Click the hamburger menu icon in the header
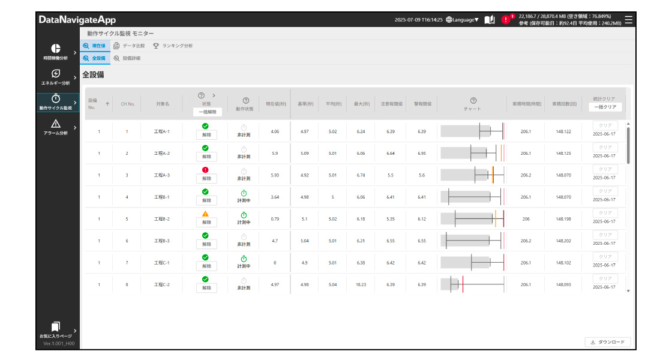628,19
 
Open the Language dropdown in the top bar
462,20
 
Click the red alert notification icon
506,20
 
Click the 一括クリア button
605,107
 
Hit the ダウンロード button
607,342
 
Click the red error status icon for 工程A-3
206,170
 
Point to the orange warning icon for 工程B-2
206,214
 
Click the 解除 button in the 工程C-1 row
206,266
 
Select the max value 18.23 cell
361,284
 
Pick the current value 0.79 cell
275,219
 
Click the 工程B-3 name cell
163,241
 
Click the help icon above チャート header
473,100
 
